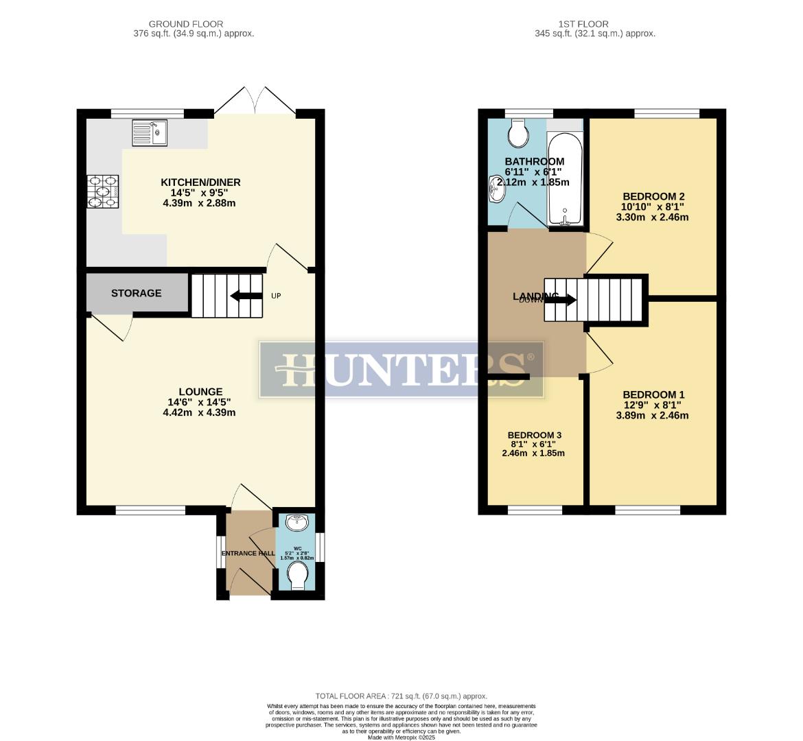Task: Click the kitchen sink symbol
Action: (x=149, y=133)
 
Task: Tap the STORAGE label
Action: (x=137, y=293)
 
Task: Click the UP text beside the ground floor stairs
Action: (x=276, y=296)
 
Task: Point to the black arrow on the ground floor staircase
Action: (x=246, y=296)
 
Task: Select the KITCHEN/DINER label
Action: (x=200, y=182)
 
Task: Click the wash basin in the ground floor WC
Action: (x=298, y=523)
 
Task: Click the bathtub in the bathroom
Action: (x=565, y=180)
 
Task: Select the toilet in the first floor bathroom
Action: (x=519, y=133)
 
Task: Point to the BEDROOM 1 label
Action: (x=653, y=395)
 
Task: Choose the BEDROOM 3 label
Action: (x=534, y=435)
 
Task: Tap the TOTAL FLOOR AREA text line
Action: (x=401, y=695)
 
